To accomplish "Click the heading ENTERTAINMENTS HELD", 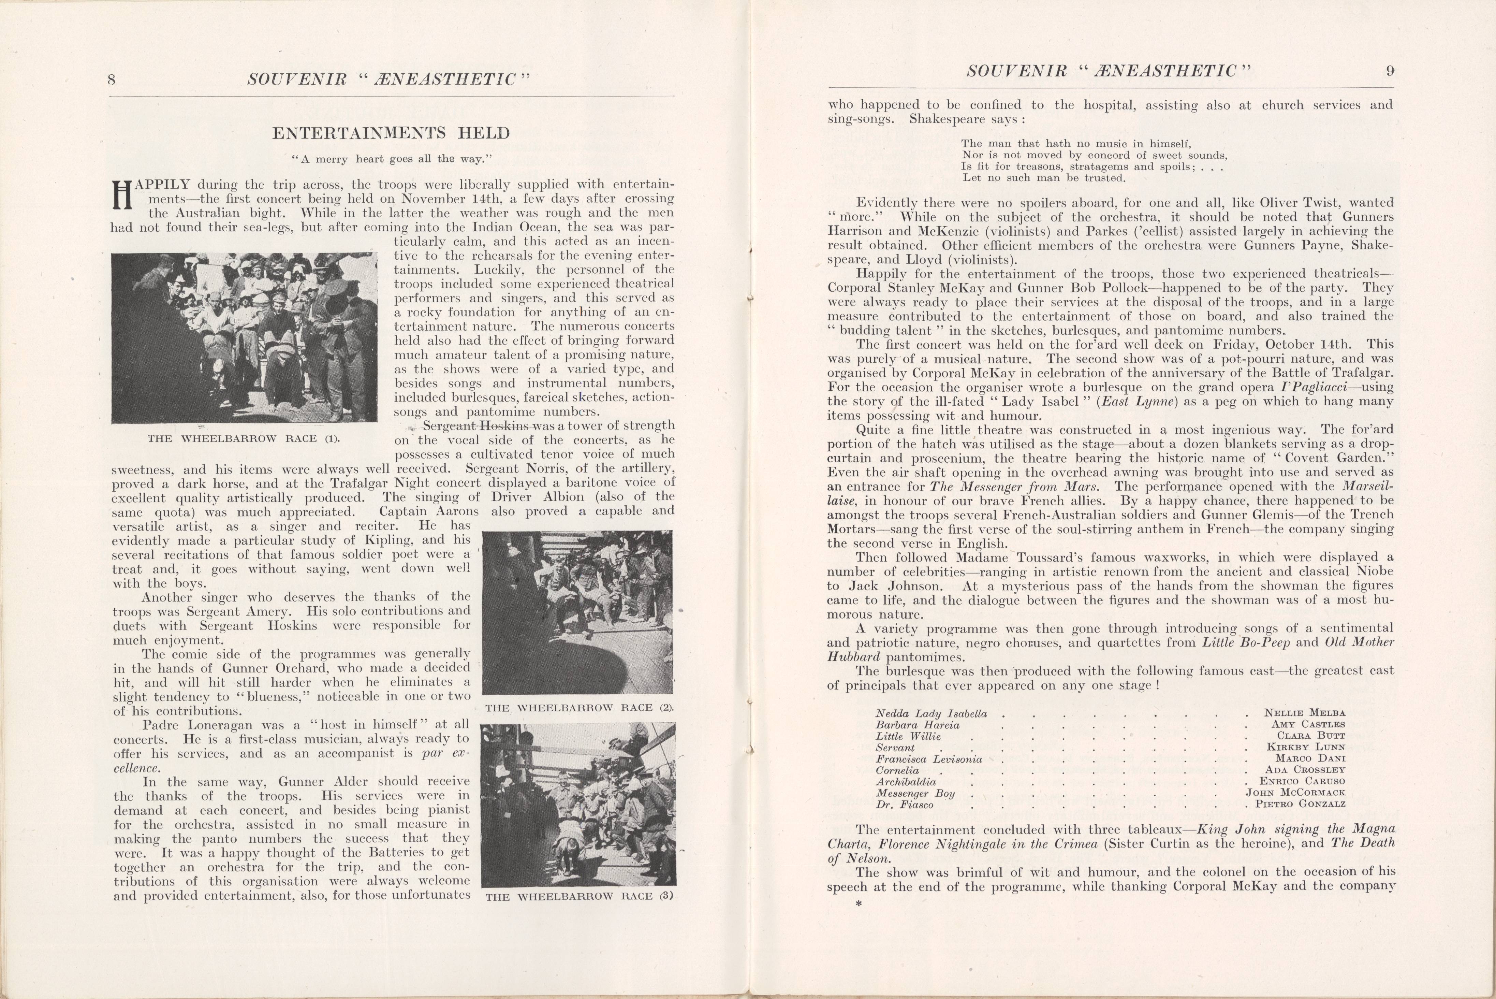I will point(391,133).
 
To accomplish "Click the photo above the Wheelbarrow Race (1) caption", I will point(244,338).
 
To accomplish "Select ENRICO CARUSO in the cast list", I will point(1302,781).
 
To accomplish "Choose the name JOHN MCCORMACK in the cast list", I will point(1295,793).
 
